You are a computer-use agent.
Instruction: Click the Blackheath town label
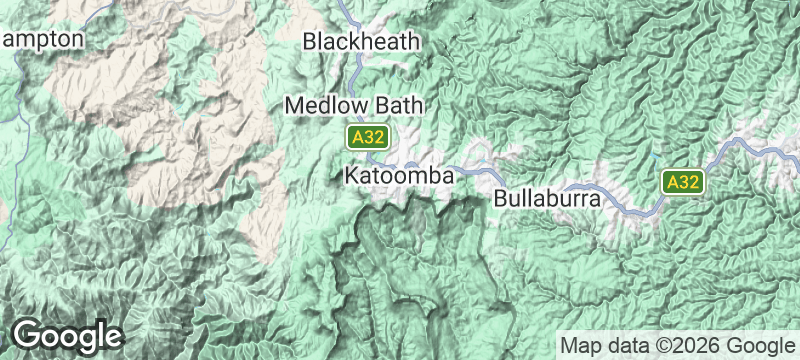(364, 42)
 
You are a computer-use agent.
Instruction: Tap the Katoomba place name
(400, 175)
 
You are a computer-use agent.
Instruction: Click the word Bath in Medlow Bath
(400, 105)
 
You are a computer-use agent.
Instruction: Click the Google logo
(67, 335)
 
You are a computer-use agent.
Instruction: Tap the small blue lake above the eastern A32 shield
(651, 157)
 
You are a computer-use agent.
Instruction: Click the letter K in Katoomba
(350, 175)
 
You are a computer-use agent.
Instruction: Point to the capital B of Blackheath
(310, 42)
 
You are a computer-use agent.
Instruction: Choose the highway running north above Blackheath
(345, 12)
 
